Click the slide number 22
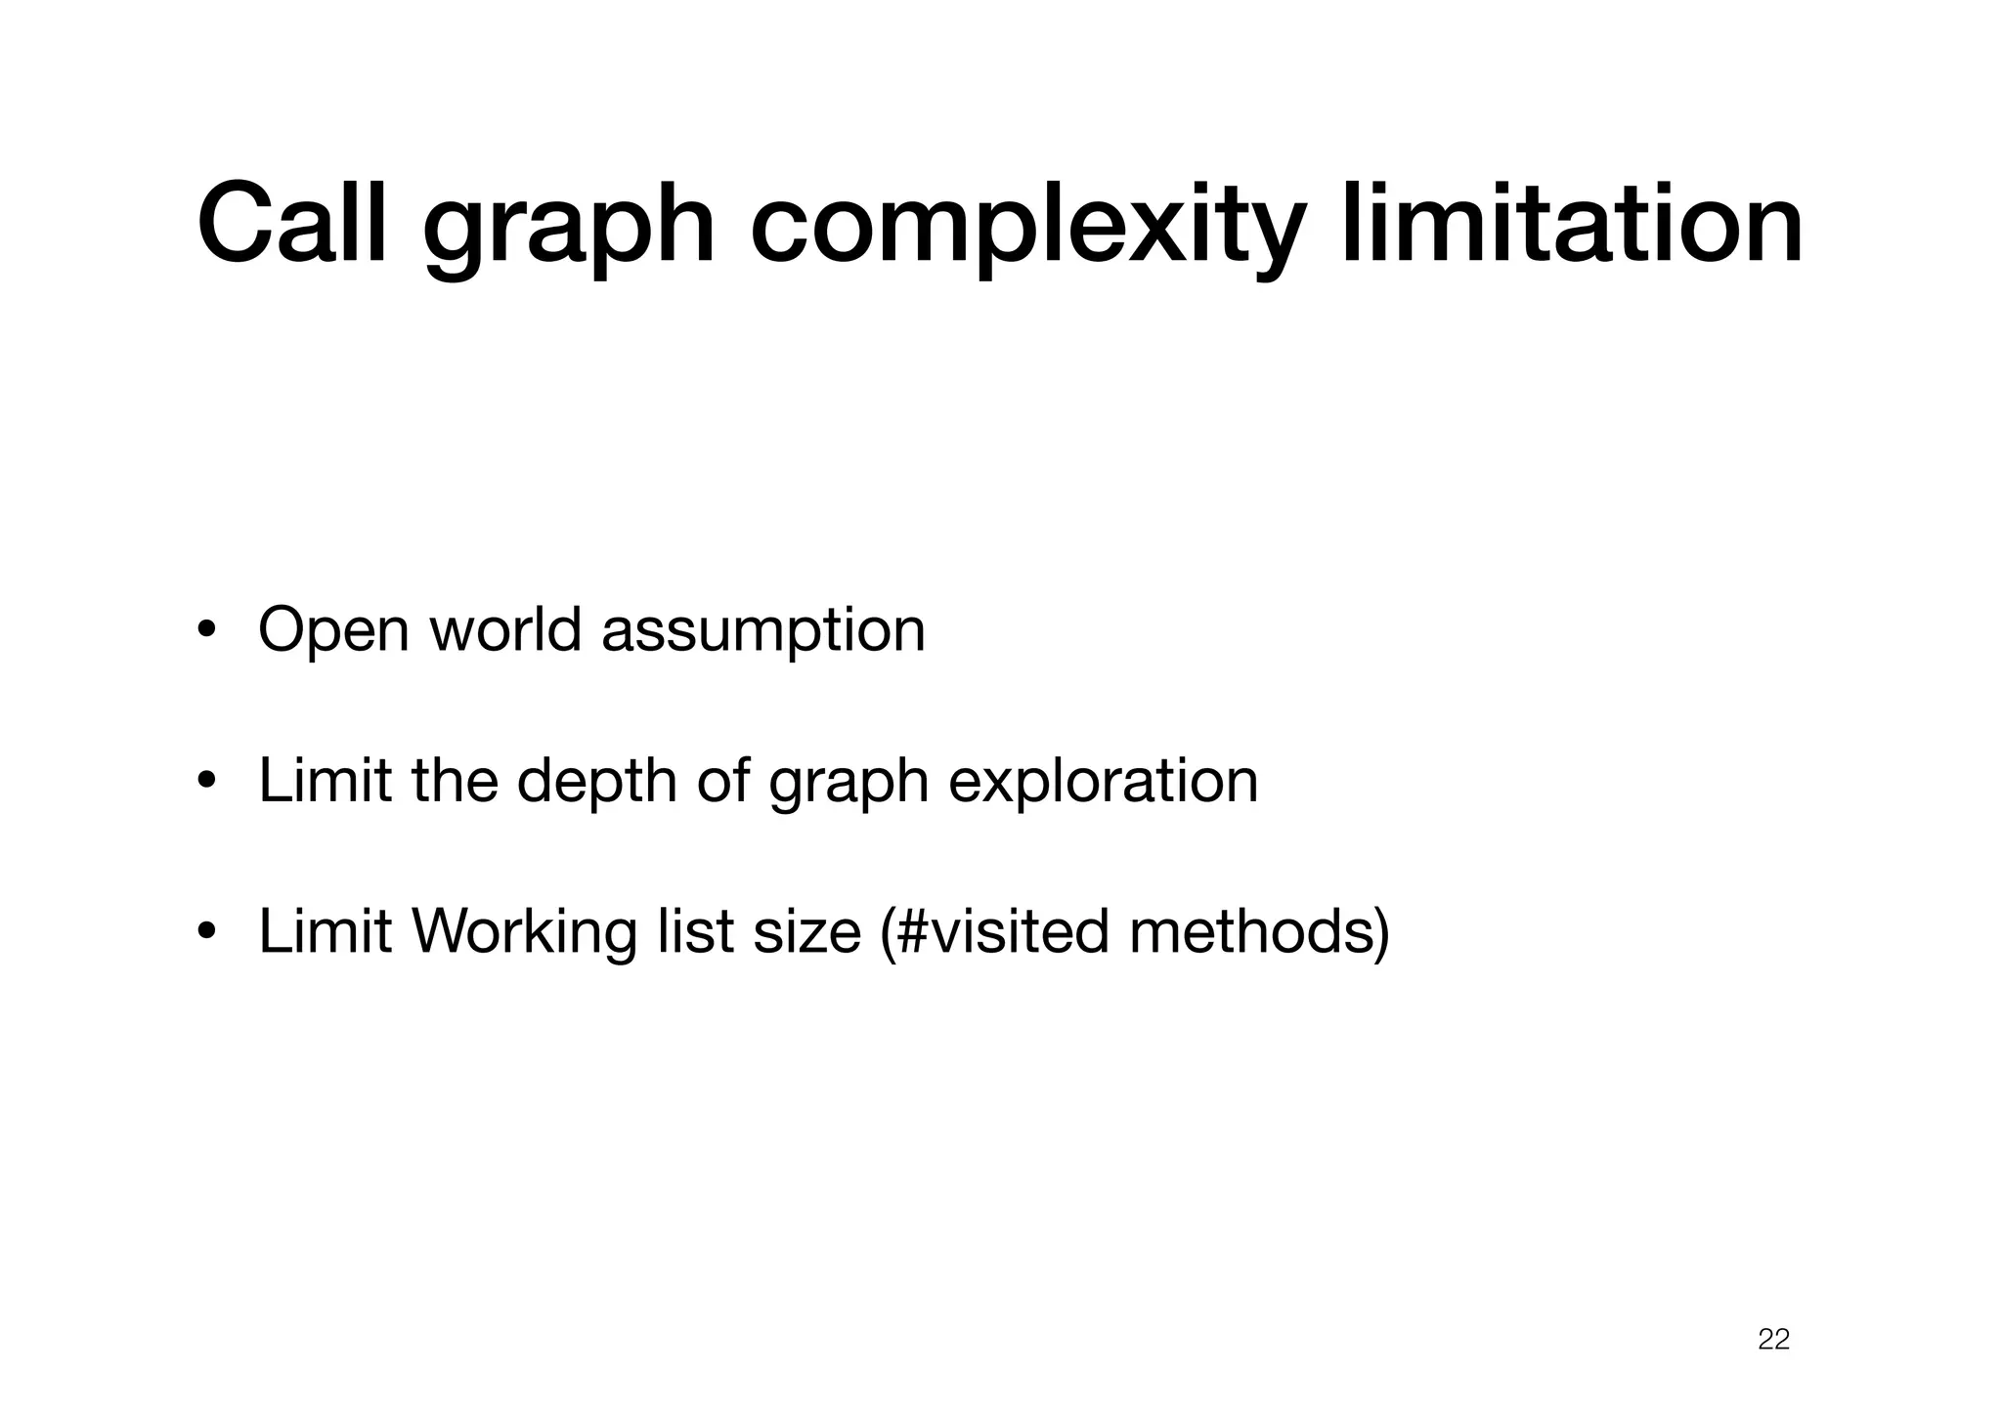pyautogui.click(x=1773, y=1339)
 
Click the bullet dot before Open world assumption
pyautogui.click(x=205, y=630)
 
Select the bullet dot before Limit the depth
pyautogui.click(x=205, y=782)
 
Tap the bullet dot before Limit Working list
pyautogui.click(x=205, y=932)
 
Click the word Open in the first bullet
pyautogui.click(x=333, y=630)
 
